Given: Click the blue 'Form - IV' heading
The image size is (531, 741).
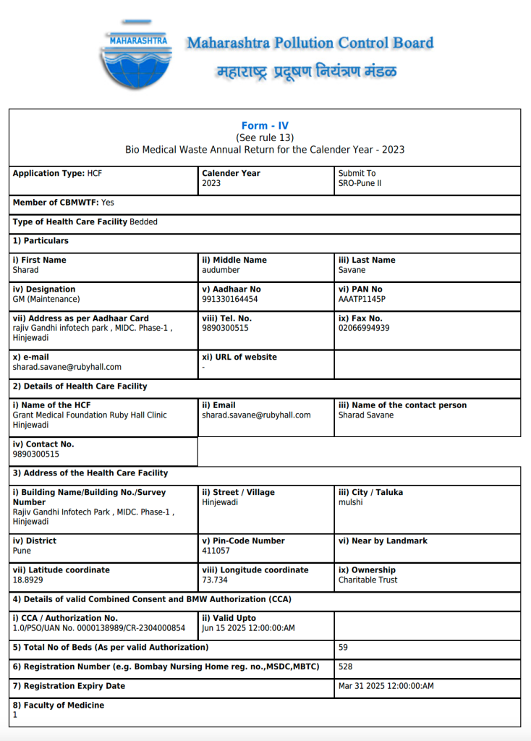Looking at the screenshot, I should pyautogui.click(x=265, y=126).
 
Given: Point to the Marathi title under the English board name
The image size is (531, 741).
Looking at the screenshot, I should pyautogui.click(x=307, y=72).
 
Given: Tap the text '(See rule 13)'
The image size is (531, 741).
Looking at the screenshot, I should pyautogui.click(x=265, y=137).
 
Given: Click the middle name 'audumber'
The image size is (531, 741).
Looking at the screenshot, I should pyautogui.click(x=221, y=270).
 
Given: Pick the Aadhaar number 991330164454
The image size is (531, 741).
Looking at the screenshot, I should pyautogui.click(x=229, y=299).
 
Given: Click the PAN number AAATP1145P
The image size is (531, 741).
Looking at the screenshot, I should pyautogui.click(x=362, y=299).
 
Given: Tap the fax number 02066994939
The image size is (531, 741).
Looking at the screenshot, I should pyautogui.click(x=363, y=328).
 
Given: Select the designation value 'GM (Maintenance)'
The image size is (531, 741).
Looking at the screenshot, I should pyautogui.click(x=46, y=299).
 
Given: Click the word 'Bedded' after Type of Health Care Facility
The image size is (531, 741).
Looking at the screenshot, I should pyautogui.click(x=143, y=222).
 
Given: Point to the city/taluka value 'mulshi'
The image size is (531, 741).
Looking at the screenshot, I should pyautogui.click(x=351, y=502).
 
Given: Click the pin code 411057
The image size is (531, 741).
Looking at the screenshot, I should pyautogui.click(x=217, y=551).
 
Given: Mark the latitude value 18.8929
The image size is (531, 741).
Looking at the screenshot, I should pyautogui.click(x=27, y=580).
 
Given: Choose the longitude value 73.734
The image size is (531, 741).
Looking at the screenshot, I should pyautogui.click(x=216, y=580).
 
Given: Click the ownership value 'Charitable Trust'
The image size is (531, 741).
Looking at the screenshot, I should pyautogui.click(x=368, y=580).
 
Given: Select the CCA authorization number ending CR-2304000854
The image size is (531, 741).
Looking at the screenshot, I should pyautogui.click(x=98, y=628).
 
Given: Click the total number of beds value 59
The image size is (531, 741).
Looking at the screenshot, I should pyautogui.click(x=344, y=647).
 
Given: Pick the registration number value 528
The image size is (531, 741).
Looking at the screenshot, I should pyautogui.click(x=346, y=666).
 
